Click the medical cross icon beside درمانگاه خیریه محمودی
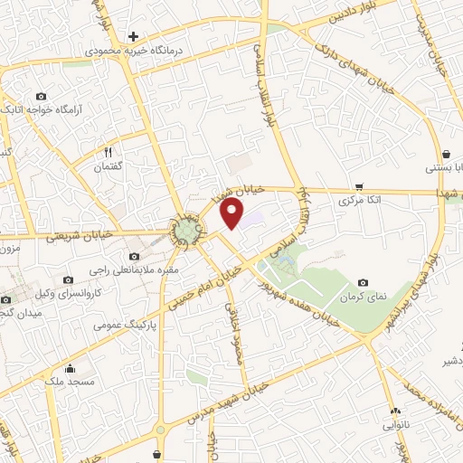[134, 37]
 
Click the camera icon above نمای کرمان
[363, 283]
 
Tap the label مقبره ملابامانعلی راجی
[136, 269]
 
